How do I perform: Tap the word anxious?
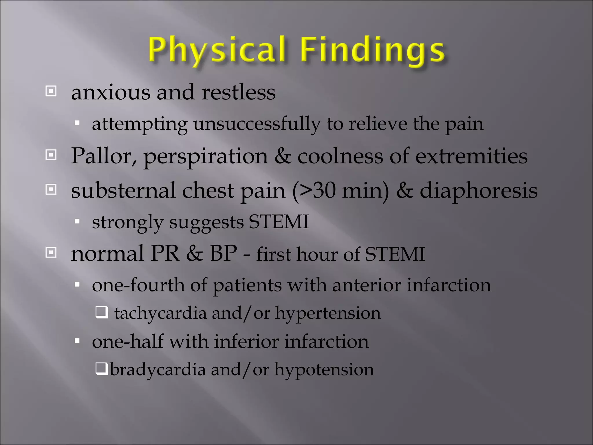(x=111, y=93)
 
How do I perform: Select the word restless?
(x=238, y=93)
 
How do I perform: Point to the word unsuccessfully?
(x=257, y=124)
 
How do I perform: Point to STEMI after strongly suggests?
(x=279, y=222)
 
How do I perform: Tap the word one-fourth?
(x=138, y=285)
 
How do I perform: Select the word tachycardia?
(x=160, y=313)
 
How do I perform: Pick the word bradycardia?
(x=158, y=370)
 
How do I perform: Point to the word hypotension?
(x=324, y=370)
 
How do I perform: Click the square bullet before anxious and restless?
(x=51, y=92)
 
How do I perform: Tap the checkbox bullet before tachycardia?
(x=102, y=312)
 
